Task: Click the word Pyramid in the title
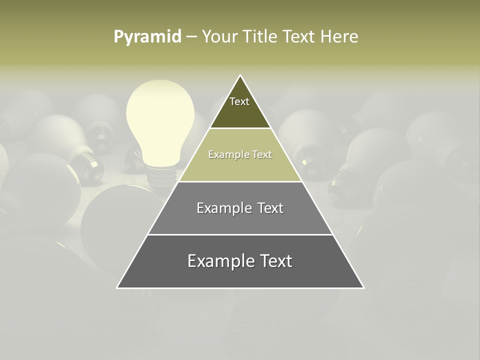147,37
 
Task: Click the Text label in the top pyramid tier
239,101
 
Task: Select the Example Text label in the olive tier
240,155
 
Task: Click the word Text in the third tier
270,208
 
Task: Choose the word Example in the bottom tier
219,261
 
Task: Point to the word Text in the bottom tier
274,261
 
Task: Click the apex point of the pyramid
240,75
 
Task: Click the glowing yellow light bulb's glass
160,120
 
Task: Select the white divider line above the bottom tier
240,234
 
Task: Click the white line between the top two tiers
240,128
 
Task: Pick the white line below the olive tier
240,181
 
